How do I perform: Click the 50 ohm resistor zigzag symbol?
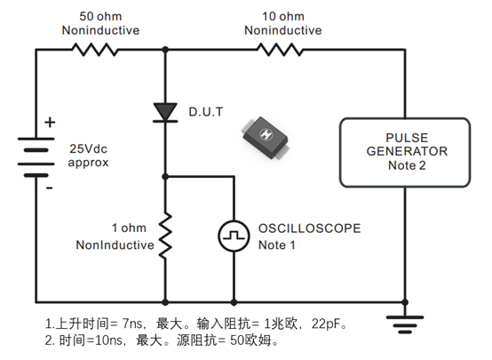point(95,50)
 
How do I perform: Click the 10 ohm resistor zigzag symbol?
point(280,50)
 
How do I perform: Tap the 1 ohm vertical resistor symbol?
point(165,236)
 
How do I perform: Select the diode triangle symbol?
point(165,112)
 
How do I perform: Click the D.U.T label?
point(206,112)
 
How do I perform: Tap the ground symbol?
point(405,324)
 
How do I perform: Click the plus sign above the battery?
point(50,122)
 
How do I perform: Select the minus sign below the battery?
point(50,188)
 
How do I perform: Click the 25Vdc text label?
point(88,148)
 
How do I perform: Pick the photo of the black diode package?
point(265,138)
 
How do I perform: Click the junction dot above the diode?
point(165,50)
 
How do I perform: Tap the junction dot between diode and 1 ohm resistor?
point(165,177)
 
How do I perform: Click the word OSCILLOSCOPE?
point(309,228)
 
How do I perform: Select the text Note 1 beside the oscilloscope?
point(277,245)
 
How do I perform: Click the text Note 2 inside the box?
point(407,165)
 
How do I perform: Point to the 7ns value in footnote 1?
point(132,324)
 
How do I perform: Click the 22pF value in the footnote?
point(326,324)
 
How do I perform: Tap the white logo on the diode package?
point(266,134)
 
